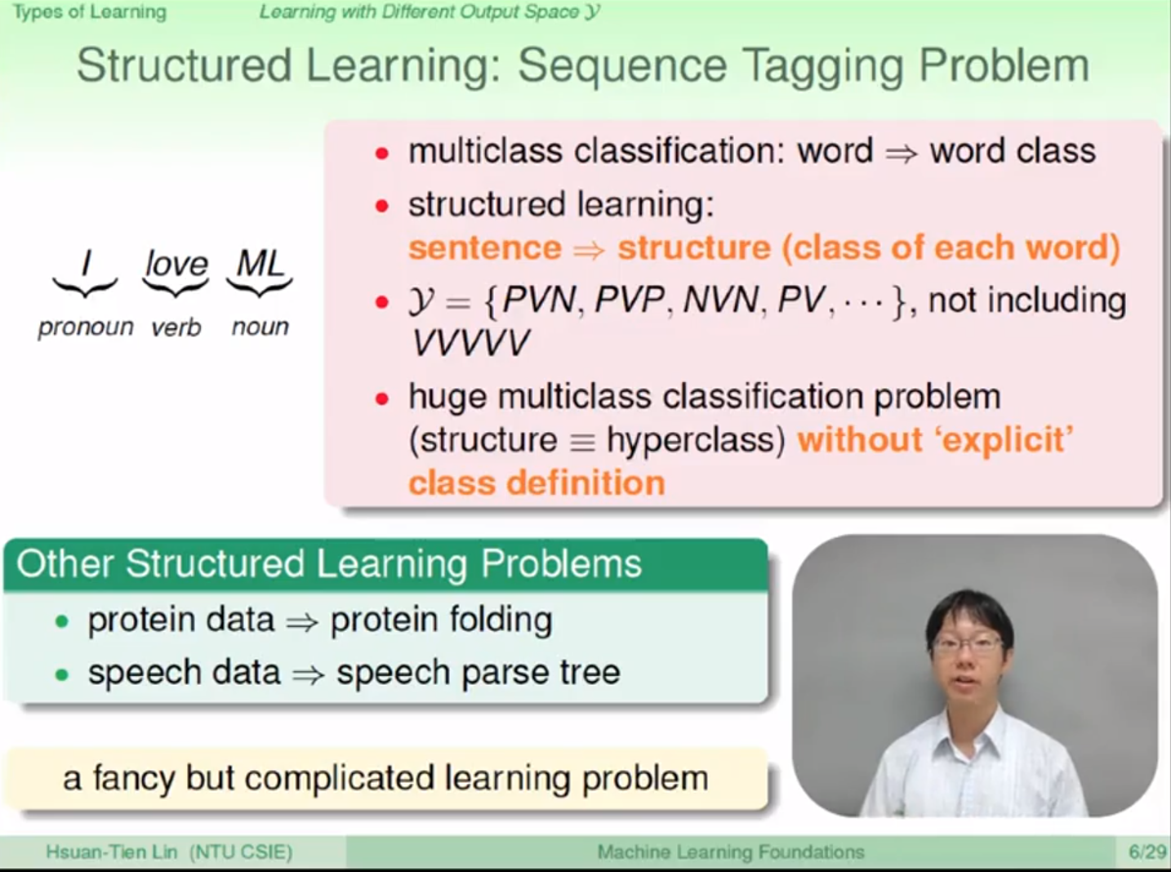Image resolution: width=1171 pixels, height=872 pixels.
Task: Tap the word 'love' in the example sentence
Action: [x=177, y=263]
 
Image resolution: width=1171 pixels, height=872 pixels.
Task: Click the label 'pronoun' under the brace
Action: [x=85, y=328]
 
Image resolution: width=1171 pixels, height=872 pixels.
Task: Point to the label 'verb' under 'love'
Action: [x=176, y=327]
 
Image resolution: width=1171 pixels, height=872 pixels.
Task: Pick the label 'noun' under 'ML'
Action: [x=260, y=327]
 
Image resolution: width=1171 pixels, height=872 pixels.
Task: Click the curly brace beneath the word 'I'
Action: [x=85, y=287]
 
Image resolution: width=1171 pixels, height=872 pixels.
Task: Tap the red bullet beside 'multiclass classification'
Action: [x=381, y=153]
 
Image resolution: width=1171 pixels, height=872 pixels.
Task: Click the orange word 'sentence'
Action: [x=485, y=248]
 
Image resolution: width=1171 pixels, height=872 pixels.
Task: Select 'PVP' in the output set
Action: [x=629, y=300]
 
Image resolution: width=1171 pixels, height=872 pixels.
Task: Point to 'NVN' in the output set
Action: [x=722, y=300]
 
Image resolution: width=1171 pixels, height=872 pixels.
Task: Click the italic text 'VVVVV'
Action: [x=470, y=343]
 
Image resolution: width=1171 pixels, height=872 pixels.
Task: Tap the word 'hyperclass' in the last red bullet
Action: [x=696, y=440]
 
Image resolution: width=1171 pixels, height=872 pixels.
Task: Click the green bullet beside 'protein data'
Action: [x=62, y=621]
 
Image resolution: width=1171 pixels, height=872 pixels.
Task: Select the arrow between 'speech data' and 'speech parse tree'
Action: [x=309, y=674]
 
